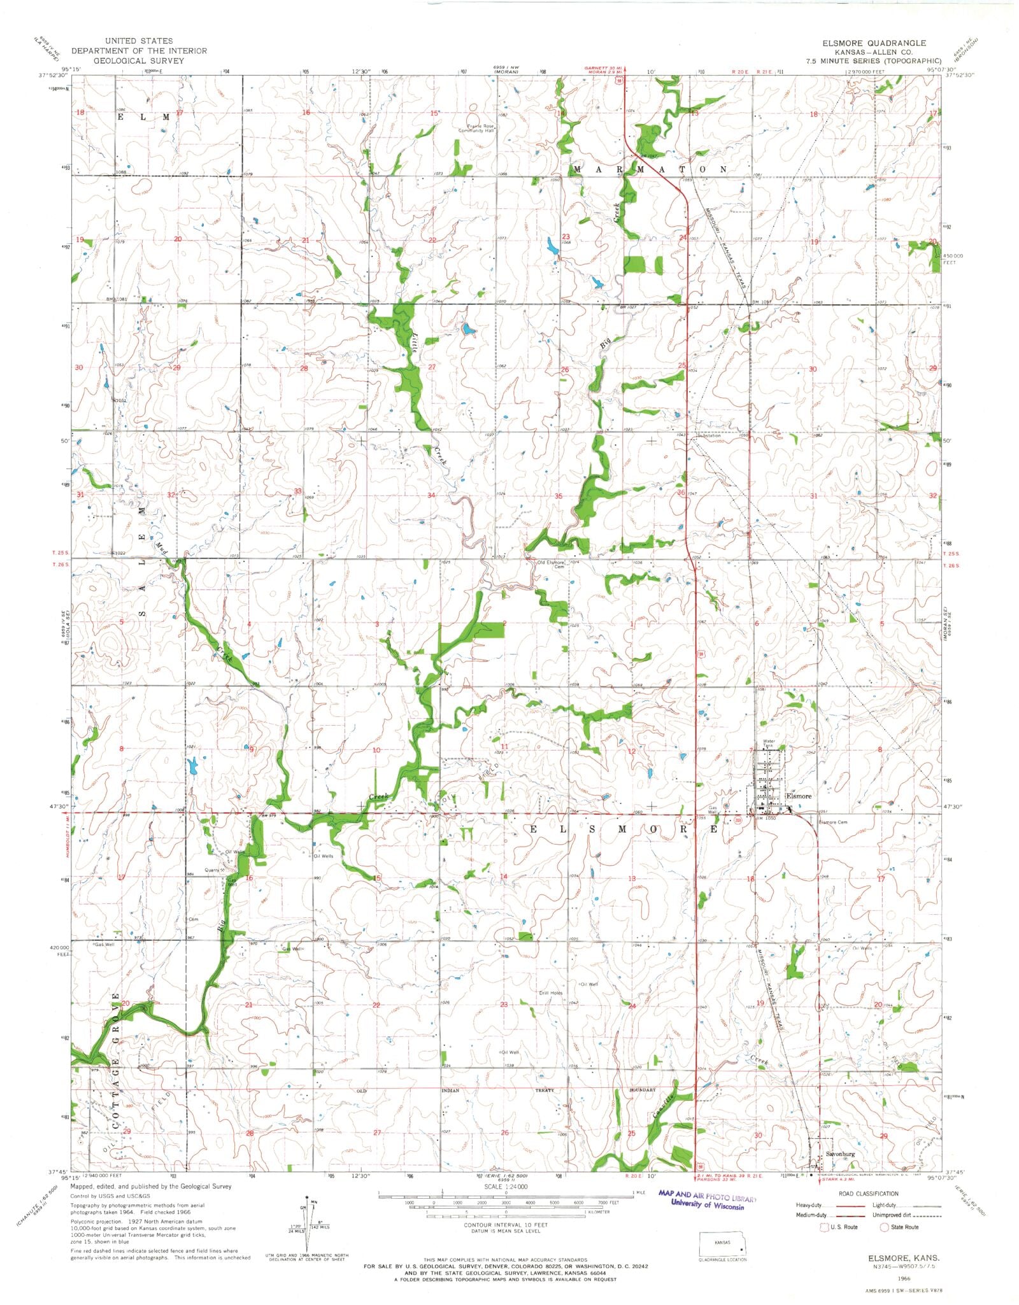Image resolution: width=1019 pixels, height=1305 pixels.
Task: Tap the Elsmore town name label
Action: tap(799, 796)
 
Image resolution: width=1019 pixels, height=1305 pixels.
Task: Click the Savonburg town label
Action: tap(839, 1154)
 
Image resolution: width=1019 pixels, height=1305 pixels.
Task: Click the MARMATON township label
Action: tap(650, 169)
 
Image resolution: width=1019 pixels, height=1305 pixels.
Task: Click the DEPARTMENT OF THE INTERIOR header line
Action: tap(139, 51)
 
